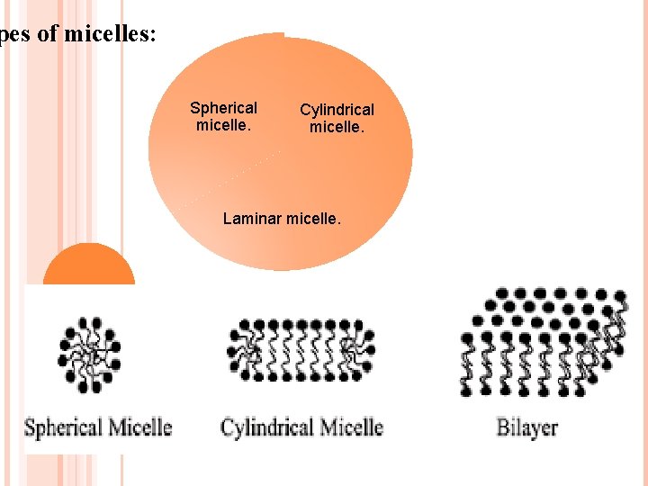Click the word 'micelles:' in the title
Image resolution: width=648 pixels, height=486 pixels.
pos(111,35)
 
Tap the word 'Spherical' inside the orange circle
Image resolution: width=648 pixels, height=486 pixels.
pos(223,108)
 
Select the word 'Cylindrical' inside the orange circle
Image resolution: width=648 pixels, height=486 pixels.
pos(337,110)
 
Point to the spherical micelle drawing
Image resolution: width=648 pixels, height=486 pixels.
pos(89,355)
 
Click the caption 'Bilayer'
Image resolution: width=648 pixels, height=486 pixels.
pos(527,427)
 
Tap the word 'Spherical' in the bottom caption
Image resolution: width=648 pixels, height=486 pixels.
pos(61,427)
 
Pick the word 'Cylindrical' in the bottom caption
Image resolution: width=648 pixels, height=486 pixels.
pos(266,427)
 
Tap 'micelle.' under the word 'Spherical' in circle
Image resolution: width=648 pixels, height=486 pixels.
pos(223,125)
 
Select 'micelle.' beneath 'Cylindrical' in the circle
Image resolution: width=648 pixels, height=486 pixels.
pos(337,127)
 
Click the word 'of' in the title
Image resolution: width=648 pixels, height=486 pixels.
pos(49,35)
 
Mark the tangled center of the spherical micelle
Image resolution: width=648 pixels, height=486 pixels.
pos(89,355)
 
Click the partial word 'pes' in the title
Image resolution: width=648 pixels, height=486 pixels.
pos(13,36)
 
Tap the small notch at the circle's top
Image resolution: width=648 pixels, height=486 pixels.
pos(284,35)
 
